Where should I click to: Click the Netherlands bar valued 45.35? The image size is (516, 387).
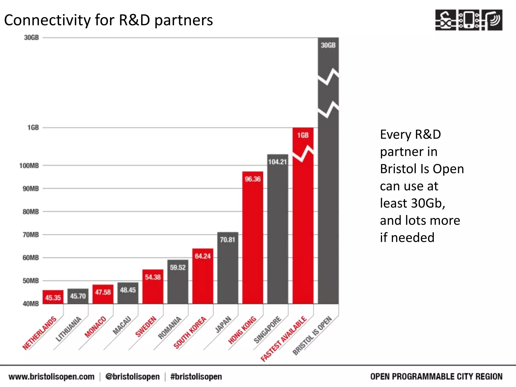pyautogui.click(x=53, y=297)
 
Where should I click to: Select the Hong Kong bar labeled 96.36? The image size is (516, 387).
pyautogui.click(x=253, y=237)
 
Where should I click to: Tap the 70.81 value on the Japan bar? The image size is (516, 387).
pyautogui.click(x=228, y=240)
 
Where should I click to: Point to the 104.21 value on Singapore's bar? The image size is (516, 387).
pyautogui.click(x=277, y=162)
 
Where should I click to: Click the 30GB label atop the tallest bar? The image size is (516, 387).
pyautogui.click(x=328, y=45)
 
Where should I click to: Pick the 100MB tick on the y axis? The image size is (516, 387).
pyautogui.click(x=29, y=166)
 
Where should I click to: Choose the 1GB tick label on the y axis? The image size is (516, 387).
pyautogui.click(x=33, y=128)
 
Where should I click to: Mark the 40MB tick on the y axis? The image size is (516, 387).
pyautogui.click(x=31, y=304)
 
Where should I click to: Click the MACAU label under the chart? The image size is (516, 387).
pyautogui.click(x=122, y=325)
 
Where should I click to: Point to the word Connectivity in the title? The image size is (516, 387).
pyautogui.click(x=47, y=20)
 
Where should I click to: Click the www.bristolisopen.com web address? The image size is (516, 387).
pyautogui.click(x=51, y=377)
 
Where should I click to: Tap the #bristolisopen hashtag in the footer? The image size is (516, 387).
pyautogui.click(x=196, y=377)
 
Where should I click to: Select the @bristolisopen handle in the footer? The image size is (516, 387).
pyautogui.click(x=133, y=377)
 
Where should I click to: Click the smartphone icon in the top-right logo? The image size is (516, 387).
pyautogui.click(x=469, y=20)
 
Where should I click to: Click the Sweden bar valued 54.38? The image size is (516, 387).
pyautogui.click(x=153, y=287)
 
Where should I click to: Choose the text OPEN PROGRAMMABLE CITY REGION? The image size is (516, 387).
pyautogui.click(x=436, y=377)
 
